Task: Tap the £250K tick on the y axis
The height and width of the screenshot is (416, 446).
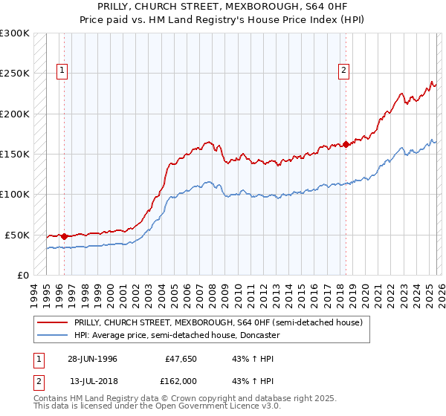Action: tap(15, 74)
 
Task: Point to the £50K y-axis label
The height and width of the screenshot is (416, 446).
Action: tap(17, 235)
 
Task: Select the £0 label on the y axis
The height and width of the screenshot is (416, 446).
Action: tap(23, 275)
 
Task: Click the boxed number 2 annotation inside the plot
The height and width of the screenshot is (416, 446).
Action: tap(344, 71)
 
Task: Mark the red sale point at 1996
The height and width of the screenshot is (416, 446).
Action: tap(65, 236)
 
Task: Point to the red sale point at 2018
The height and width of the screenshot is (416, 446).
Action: tap(346, 144)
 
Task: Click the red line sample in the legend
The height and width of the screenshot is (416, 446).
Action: tap(53, 322)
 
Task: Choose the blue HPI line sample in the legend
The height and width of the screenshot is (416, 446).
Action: tap(53, 335)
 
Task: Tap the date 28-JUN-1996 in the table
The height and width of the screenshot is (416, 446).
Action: tap(91, 359)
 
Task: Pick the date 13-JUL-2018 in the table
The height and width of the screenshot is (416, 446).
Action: tap(92, 381)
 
